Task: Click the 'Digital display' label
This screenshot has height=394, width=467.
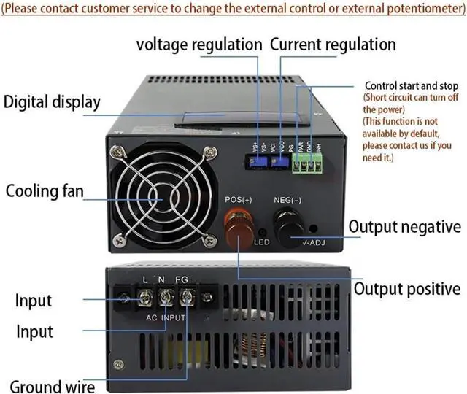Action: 52,101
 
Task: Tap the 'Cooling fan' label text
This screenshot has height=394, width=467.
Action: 45,192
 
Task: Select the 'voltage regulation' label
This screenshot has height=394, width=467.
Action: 199,45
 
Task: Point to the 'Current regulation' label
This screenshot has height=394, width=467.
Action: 333,45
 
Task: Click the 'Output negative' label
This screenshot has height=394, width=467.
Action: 404,227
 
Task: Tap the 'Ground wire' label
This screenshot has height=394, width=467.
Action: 52,385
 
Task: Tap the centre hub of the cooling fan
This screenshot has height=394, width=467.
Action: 162,194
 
